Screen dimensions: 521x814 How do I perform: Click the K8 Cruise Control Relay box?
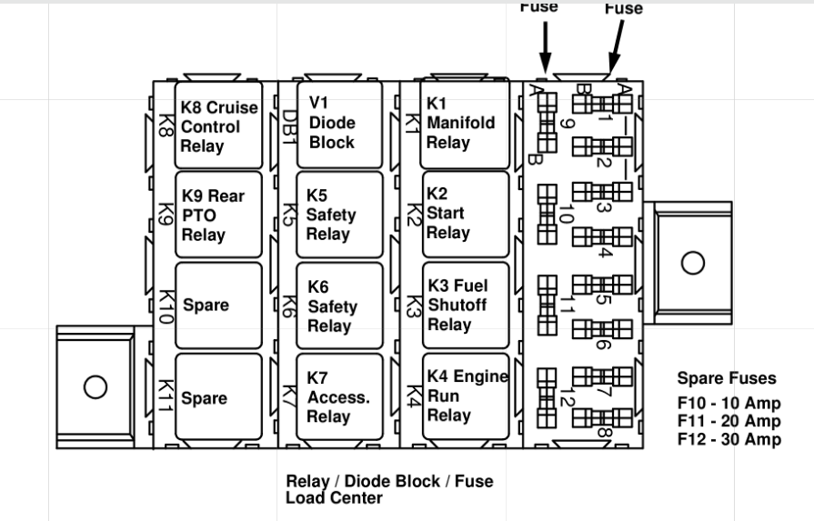coord(218,125)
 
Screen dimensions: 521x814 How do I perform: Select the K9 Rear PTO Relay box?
coord(218,215)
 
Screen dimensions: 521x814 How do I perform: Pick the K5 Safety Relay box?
coord(339,215)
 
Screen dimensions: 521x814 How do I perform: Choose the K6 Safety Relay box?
coord(339,306)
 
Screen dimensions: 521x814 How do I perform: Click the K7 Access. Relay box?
coord(339,397)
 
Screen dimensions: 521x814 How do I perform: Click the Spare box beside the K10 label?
coord(218,306)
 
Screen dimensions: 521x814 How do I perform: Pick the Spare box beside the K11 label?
coord(218,398)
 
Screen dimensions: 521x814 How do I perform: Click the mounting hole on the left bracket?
coord(95,386)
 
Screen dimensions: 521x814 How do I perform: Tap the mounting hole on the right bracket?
coord(693,263)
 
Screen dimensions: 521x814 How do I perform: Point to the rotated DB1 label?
coord(288,121)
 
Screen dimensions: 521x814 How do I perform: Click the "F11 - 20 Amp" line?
coord(729,422)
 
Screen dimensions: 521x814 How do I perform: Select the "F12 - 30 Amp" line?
coord(729,439)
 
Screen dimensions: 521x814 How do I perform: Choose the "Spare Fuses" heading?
coord(727,378)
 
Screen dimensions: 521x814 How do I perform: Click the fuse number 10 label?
coord(566,215)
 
